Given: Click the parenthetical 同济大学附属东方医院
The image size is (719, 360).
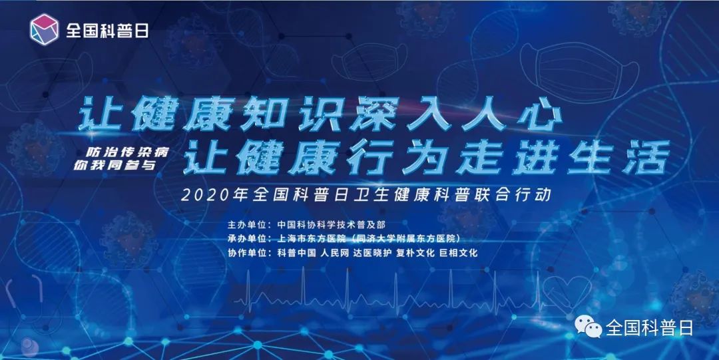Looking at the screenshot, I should [x=414, y=238].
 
